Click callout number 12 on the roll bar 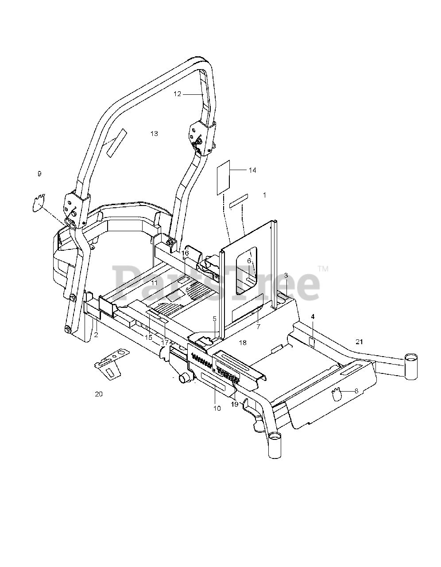pos(178,94)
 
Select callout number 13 pos(154,133)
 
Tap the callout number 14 pos(252,170)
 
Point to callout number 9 pos(39,174)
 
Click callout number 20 pos(99,393)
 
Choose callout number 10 pos(217,408)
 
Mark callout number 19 pos(234,404)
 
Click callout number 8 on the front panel pos(356,391)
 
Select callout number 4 pos(313,317)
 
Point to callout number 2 pos(96,335)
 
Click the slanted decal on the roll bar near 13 pos(116,141)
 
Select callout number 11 pos(154,283)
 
